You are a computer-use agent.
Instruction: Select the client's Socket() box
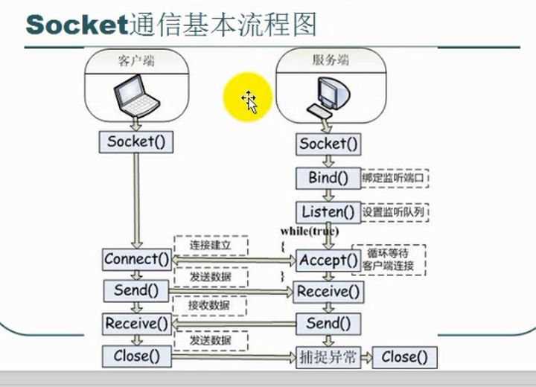point(135,141)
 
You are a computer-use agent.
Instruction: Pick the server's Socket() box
point(328,144)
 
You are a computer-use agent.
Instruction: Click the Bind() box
point(328,179)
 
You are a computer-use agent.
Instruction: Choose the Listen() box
point(328,211)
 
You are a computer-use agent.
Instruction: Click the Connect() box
point(136,259)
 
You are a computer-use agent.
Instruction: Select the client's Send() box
point(136,290)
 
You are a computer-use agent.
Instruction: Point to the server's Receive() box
point(328,292)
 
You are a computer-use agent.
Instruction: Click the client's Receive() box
point(136,323)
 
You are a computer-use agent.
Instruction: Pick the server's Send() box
point(328,324)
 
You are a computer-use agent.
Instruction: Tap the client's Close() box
point(136,356)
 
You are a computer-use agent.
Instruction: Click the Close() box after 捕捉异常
point(404,357)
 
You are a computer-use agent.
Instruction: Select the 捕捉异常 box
point(328,356)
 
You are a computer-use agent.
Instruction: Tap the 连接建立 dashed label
point(210,245)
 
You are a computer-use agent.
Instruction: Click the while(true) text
point(308,231)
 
